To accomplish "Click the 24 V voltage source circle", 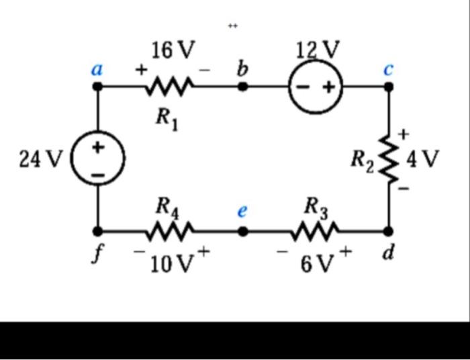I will click(x=98, y=159).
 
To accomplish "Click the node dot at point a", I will click(x=98, y=87).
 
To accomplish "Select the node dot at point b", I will click(x=244, y=87).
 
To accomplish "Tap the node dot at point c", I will click(x=388, y=87).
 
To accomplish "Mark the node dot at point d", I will click(x=388, y=232).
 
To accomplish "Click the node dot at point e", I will click(x=244, y=232).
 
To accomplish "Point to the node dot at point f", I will click(x=98, y=232).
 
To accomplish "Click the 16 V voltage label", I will click(x=172, y=50).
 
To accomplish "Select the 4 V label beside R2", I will click(x=423, y=159).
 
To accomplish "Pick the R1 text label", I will click(x=167, y=118).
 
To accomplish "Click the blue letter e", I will click(x=243, y=210).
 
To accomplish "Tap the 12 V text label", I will click(x=317, y=49).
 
